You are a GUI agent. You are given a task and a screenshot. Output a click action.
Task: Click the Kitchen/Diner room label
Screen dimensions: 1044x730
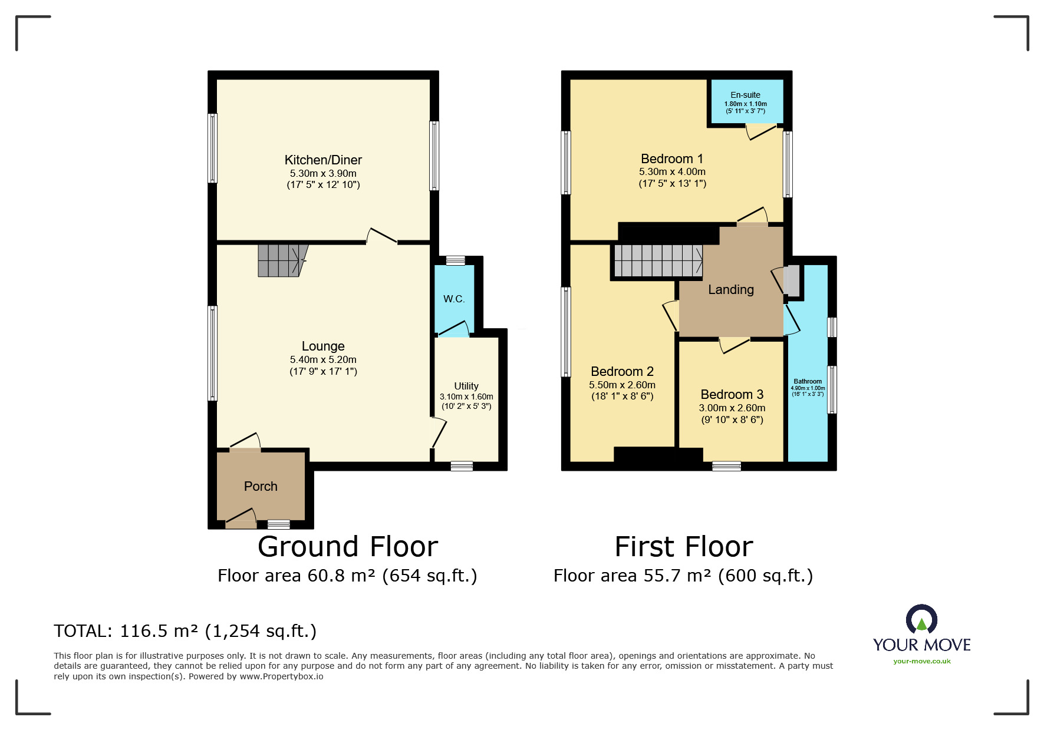click(323, 160)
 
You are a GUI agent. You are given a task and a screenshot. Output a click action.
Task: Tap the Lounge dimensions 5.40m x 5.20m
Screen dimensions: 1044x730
click(323, 359)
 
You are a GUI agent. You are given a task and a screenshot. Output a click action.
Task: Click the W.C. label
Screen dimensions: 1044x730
click(454, 299)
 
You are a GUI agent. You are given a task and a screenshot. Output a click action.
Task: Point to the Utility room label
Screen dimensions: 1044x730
click(466, 386)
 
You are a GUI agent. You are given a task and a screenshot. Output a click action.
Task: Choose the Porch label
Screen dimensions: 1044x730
click(261, 486)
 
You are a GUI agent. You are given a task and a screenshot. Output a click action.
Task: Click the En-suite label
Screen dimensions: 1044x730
click(746, 95)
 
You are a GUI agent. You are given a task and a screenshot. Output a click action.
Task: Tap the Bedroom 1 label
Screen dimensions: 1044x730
click(672, 158)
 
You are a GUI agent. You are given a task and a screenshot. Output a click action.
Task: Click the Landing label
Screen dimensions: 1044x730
click(731, 289)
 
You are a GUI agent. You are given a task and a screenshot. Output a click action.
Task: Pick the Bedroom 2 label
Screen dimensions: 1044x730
click(622, 371)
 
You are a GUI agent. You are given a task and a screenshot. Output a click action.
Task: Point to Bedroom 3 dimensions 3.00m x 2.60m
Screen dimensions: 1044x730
click(732, 408)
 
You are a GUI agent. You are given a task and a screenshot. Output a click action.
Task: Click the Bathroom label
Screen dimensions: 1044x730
click(808, 381)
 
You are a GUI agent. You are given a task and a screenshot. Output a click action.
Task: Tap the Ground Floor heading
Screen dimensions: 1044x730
click(348, 547)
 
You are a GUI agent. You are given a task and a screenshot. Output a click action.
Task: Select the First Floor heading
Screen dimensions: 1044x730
click(684, 547)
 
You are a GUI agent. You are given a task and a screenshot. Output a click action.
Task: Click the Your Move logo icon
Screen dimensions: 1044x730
click(921, 620)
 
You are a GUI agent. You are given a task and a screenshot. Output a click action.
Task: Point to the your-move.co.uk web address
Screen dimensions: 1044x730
click(922, 661)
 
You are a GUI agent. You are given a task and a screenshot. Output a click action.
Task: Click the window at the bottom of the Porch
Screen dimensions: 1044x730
click(279, 524)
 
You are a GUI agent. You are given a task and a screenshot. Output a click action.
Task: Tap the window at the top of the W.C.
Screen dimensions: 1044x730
click(455, 260)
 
